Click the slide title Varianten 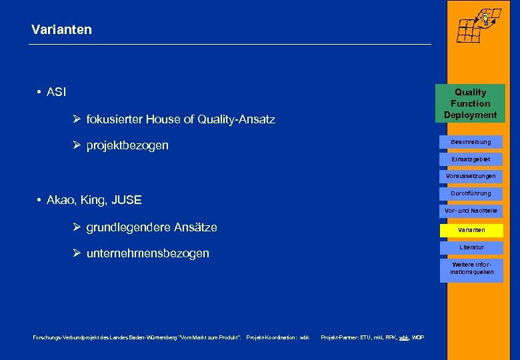[x=61, y=30]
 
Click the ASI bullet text [x=56, y=92]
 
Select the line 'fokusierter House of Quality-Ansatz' [x=180, y=119]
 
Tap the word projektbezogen [x=127, y=145]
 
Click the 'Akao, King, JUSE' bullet [x=94, y=199]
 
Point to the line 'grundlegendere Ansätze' [x=151, y=227]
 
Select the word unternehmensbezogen [x=147, y=253]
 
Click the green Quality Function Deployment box [x=470, y=103]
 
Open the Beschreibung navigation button [x=471, y=142]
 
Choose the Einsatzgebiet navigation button [x=471, y=159]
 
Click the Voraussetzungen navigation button [x=471, y=176]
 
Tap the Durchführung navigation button [x=471, y=193]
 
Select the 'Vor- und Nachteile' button [x=471, y=211]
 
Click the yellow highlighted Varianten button [x=471, y=230]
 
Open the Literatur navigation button [x=471, y=247]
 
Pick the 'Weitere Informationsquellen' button [x=471, y=269]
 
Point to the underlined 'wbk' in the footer [x=404, y=338]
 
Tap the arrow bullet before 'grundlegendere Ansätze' [x=77, y=227]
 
